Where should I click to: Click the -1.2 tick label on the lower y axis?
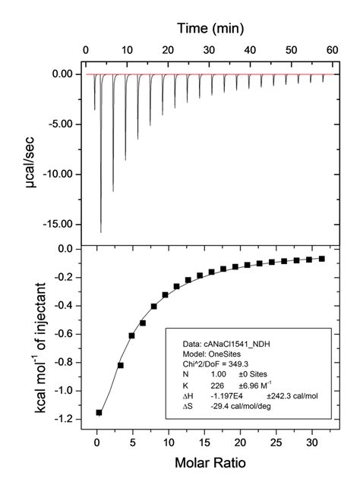pyautogui.click(x=67, y=419)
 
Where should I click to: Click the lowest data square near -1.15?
pyautogui.click(x=99, y=412)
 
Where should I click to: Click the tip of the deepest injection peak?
pyautogui.click(x=101, y=231)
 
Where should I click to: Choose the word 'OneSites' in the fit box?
pyautogui.click(x=220, y=354)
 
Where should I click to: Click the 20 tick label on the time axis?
pyautogui.click(x=166, y=49)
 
